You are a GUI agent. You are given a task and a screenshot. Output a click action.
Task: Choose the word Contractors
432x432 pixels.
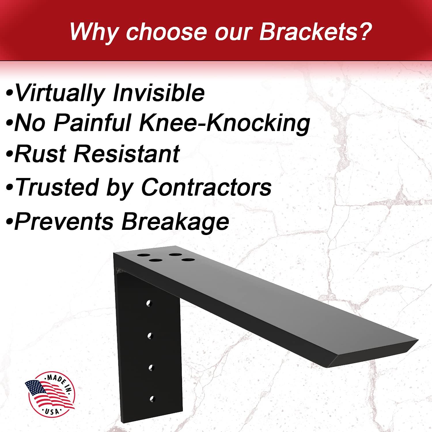pos(206,187)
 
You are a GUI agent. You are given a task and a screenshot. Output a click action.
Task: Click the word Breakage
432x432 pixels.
pos(175,222)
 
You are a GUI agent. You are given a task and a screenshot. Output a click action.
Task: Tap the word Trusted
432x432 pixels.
pos(57,187)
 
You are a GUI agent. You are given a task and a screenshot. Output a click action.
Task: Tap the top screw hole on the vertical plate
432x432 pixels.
pos(149,303)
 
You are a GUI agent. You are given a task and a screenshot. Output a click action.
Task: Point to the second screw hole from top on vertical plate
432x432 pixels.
pos(149,336)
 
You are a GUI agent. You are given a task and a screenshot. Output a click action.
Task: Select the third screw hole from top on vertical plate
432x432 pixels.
pos(151,367)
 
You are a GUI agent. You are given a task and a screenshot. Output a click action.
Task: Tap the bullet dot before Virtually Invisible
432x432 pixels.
pos(10,94)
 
